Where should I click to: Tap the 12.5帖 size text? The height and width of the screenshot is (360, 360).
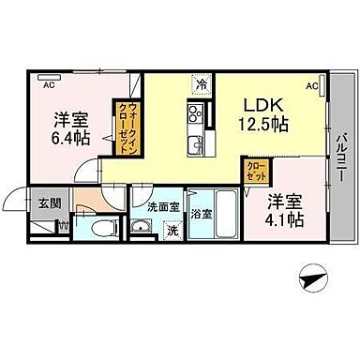click(266, 123)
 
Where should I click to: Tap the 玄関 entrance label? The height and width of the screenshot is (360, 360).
click(49, 200)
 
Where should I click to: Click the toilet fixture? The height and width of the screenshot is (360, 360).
click(105, 227)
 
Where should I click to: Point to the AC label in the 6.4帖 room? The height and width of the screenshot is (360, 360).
click(49, 84)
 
